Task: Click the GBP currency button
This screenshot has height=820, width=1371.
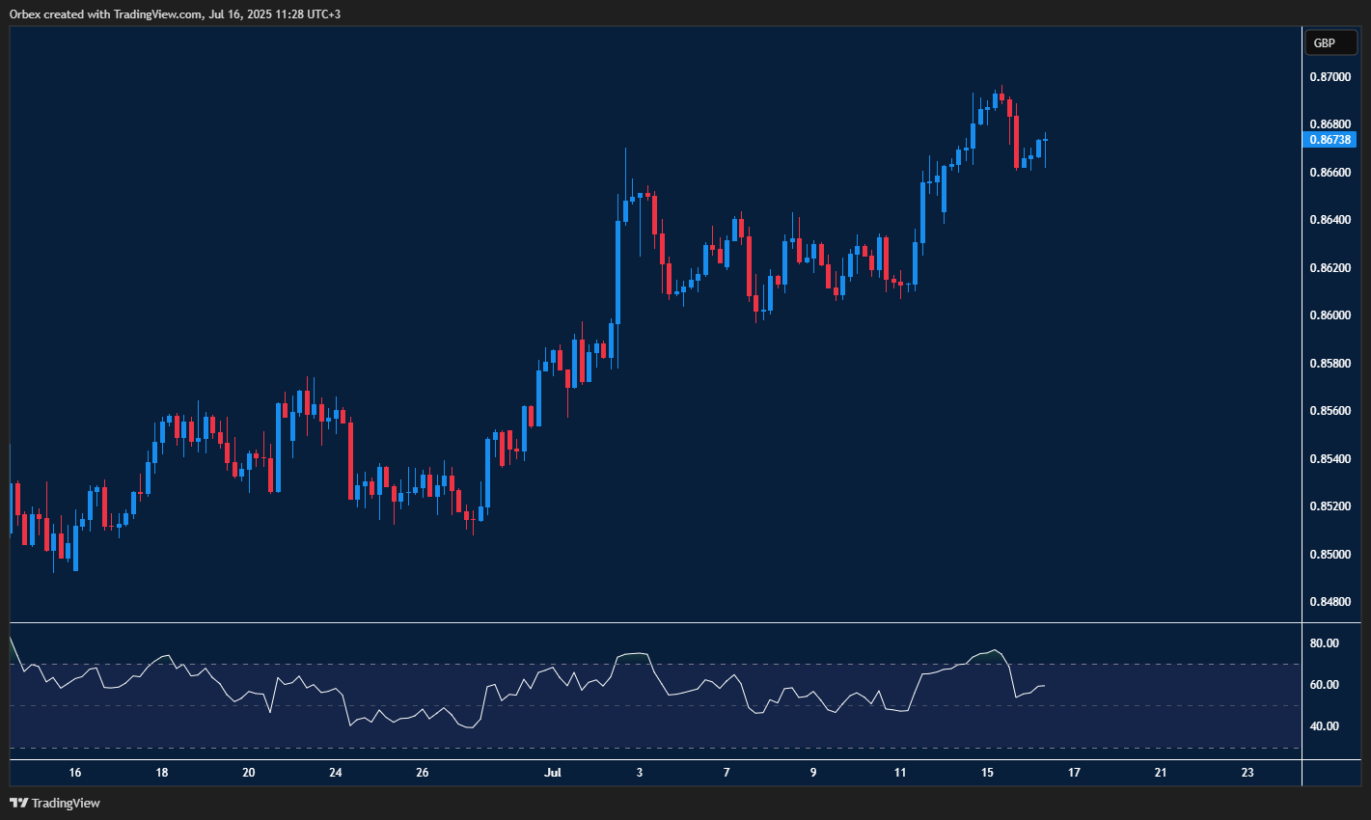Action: click(x=1330, y=42)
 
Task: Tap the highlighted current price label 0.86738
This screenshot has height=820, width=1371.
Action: click(x=1330, y=140)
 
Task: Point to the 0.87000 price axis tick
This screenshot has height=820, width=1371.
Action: click(x=1330, y=76)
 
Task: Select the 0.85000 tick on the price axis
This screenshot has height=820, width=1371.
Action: click(x=1330, y=554)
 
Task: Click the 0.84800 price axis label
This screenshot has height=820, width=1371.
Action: click(x=1330, y=602)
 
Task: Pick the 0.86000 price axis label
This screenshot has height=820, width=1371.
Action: click(x=1330, y=315)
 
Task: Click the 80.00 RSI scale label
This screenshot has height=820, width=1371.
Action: click(x=1324, y=643)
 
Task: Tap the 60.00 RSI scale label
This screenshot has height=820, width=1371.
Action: click(x=1324, y=685)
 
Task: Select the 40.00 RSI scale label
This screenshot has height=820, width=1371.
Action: click(x=1324, y=726)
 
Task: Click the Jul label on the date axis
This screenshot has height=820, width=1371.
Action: click(x=553, y=773)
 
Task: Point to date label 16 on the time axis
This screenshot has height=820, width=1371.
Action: click(x=75, y=773)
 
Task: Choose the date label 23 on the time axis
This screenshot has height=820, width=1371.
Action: click(x=1248, y=773)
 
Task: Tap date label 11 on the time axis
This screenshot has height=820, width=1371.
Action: click(x=900, y=773)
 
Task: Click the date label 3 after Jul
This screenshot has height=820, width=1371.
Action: click(x=640, y=773)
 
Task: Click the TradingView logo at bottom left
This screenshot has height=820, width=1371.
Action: click(x=55, y=803)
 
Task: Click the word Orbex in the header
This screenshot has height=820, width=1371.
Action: click(x=24, y=14)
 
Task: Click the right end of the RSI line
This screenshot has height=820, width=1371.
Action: click(x=1045, y=686)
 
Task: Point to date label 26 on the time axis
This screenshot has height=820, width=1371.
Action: click(x=423, y=773)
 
